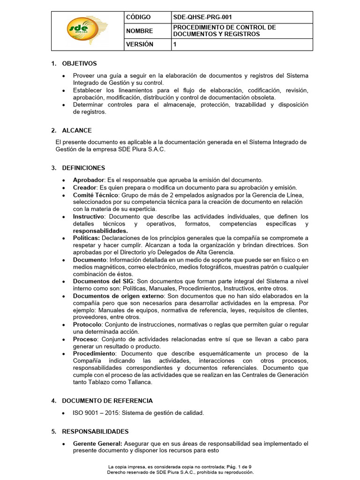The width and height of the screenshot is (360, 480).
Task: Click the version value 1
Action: [175, 45]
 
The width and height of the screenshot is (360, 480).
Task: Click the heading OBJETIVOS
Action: [79, 63]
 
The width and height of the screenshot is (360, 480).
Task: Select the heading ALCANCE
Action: [77, 130]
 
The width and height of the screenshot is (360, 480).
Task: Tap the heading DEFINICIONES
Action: [83, 168]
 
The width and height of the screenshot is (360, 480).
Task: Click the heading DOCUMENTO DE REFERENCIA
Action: [107, 401]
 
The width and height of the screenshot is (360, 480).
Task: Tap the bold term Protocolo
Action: [87, 324]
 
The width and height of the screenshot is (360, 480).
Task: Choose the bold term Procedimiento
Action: [94, 353]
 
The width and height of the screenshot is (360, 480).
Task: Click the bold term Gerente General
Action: [97, 443]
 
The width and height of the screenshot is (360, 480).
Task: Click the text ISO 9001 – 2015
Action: [95, 413]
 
